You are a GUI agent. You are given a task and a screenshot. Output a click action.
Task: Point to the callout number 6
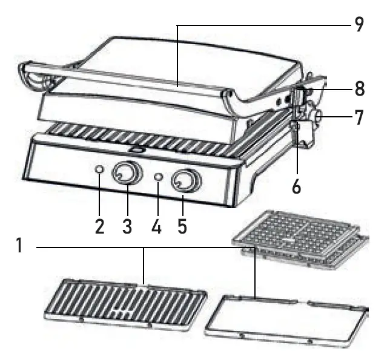click(296, 186)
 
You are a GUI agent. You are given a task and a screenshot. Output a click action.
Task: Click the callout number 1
click(20, 247)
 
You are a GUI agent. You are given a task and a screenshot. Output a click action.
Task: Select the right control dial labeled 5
click(185, 180)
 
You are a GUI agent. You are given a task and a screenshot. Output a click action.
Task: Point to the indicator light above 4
click(159, 177)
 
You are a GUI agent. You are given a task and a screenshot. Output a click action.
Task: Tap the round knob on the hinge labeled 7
click(315, 116)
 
